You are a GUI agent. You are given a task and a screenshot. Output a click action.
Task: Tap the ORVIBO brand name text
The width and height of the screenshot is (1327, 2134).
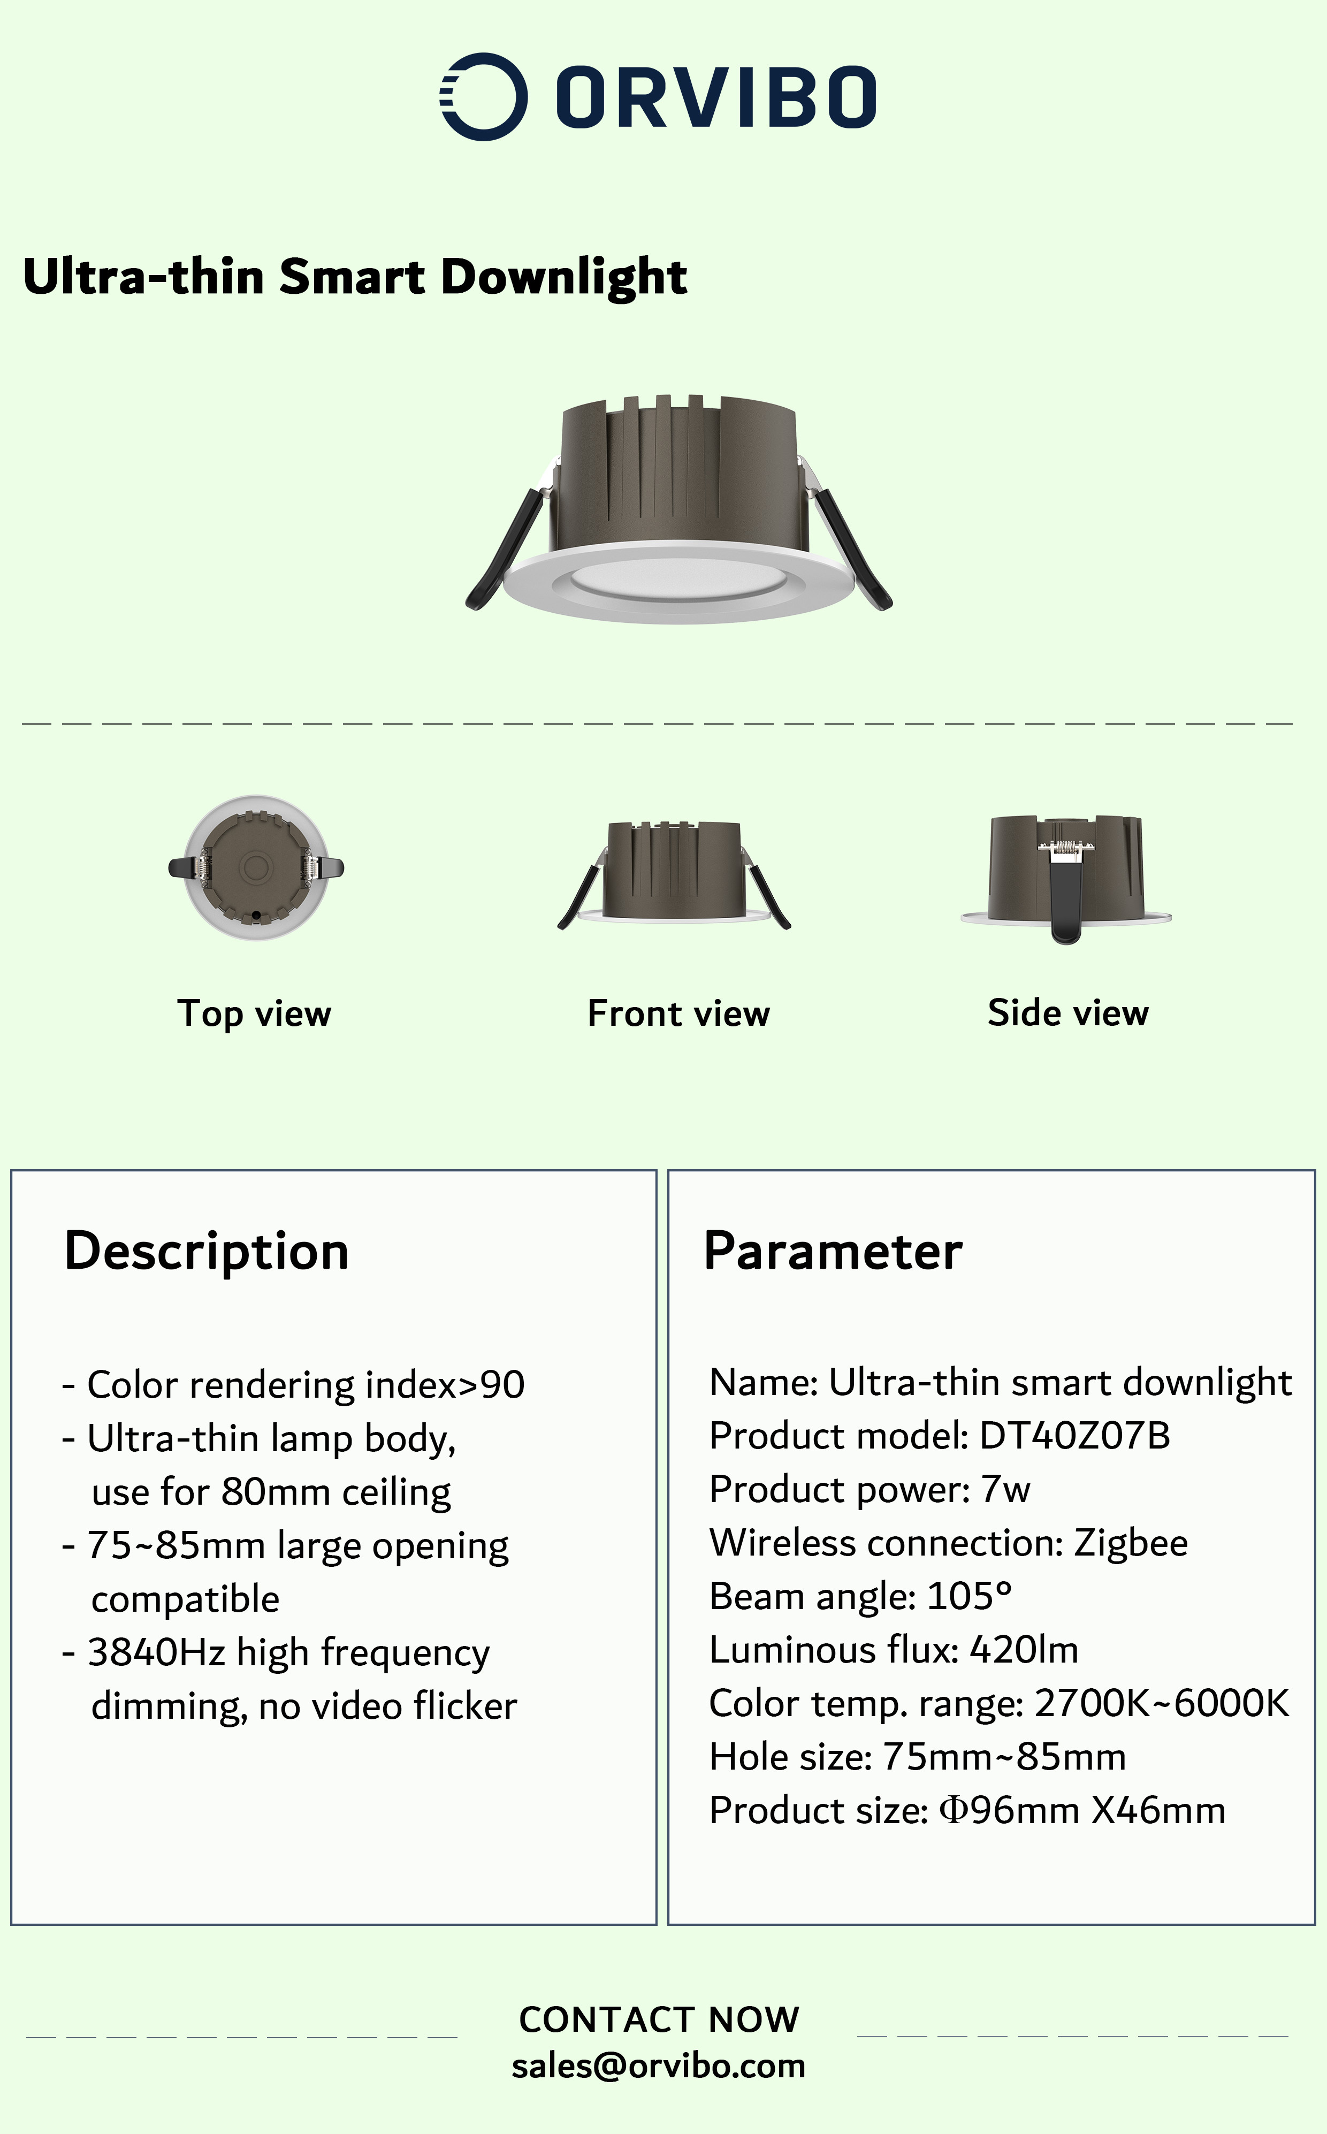(x=716, y=96)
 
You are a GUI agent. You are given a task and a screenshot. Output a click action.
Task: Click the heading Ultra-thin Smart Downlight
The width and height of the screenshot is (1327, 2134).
(x=355, y=277)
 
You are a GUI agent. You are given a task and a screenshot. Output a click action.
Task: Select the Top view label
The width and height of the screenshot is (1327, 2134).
(x=255, y=1013)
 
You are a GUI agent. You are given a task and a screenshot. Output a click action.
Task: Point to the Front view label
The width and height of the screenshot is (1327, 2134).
(x=678, y=1013)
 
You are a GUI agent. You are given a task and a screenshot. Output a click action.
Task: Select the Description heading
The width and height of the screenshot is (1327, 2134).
(x=206, y=1251)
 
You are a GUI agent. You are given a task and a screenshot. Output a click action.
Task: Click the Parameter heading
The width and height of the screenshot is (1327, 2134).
(x=833, y=1251)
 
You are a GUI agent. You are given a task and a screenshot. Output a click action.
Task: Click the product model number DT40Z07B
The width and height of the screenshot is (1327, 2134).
(x=1074, y=1436)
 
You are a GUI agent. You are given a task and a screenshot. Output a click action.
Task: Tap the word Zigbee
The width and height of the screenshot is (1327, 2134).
(x=1131, y=1543)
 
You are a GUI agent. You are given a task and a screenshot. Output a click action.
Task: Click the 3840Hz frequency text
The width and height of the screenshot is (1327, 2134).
(x=157, y=1653)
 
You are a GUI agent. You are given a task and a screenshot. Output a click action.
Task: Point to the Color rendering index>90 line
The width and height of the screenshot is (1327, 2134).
(x=293, y=1385)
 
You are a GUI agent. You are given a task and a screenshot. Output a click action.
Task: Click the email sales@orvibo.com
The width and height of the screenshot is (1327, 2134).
(x=658, y=2066)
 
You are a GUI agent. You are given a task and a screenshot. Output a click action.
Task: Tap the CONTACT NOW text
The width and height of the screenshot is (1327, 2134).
(x=659, y=2019)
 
